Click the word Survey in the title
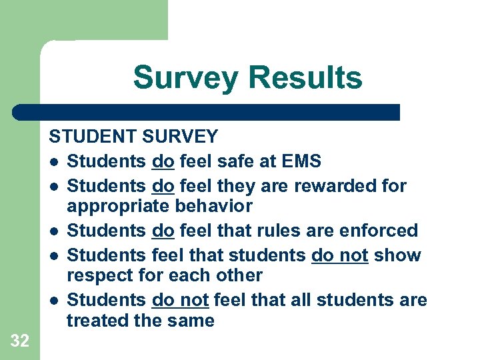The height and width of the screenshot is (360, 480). [x=185, y=77]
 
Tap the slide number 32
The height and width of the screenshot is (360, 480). [x=20, y=341]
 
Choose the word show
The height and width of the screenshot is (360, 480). [x=398, y=255]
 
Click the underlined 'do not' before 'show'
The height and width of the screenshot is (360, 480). [x=340, y=255]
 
